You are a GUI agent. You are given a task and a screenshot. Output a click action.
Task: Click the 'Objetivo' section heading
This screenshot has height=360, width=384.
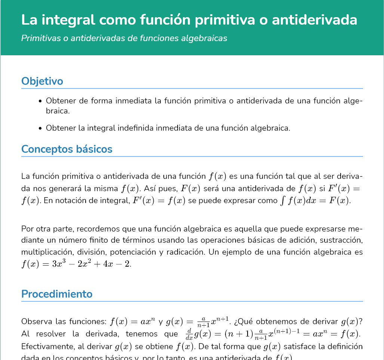coord(42,81)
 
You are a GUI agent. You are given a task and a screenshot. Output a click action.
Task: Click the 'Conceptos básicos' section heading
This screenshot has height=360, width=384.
coord(67,149)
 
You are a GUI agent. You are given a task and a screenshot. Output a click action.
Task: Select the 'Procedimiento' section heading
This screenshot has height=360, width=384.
coord(57,294)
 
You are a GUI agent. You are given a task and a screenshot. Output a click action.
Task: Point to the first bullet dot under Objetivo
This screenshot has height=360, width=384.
coord(40,101)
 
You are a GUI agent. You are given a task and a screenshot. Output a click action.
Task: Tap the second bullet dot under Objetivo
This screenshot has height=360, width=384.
coord(40,128)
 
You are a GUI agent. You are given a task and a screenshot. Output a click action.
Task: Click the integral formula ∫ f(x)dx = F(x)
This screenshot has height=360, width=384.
coord(315,201)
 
